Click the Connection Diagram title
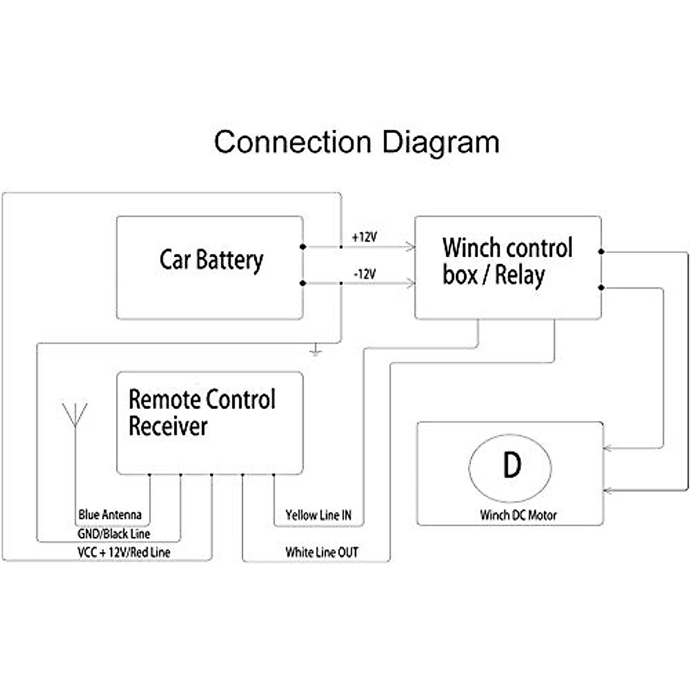[356, 142]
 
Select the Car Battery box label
[211, 260]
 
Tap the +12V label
[364, 236]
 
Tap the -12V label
[365, 274]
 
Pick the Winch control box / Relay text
[507, 262]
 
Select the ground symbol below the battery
[315, 351]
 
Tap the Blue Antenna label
[110, 515]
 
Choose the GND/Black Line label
[114, 534]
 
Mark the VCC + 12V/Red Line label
[124, 553]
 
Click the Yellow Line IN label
[318, 515]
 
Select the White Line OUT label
[321, 553]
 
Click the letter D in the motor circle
[511, 465]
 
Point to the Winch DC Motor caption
[518, 515]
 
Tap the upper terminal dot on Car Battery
[303, 247]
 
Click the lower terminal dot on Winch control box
[601, 287]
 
